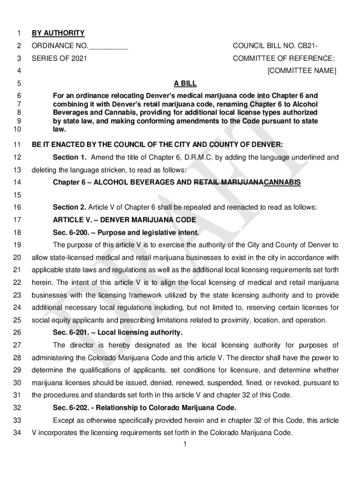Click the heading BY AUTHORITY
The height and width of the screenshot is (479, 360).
58,33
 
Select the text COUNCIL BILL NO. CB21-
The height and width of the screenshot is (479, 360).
275,46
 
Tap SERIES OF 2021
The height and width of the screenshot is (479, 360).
59,58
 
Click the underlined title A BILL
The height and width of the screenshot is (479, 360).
185,84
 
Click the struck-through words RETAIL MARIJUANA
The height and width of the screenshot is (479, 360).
229,182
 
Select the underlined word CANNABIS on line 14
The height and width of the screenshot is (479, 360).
282,182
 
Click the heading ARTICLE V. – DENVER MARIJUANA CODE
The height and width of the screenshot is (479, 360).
124,220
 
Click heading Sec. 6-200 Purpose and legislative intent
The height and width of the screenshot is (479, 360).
126,232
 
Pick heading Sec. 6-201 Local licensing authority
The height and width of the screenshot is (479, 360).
117,333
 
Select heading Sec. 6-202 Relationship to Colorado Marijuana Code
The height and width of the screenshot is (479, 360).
144,407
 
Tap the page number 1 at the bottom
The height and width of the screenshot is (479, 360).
185,444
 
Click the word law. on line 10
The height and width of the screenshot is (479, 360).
59,129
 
